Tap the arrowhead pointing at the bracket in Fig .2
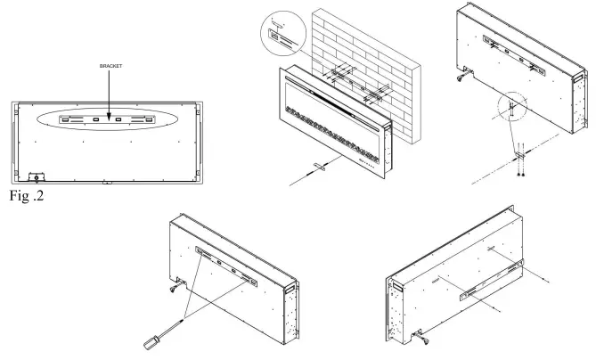(109, 113)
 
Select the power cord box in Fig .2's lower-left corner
(37, 177)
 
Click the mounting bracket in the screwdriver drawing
(227, 266)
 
